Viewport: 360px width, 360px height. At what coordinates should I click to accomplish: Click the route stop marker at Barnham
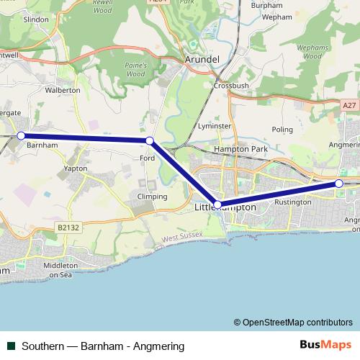pos(21,135)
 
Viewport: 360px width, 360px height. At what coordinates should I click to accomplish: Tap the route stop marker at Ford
pos(149,140)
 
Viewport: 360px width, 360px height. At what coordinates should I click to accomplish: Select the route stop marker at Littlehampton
pos(217,205)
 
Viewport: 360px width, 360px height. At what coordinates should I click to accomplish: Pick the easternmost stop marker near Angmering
pos(339,183)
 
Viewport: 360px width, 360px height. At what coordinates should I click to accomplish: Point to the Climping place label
pos(152,197)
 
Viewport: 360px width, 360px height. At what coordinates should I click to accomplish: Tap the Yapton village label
pos(75,168)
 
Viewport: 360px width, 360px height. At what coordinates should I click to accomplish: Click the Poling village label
pos(283,130)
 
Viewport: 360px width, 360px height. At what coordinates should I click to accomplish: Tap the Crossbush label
pos(230,85)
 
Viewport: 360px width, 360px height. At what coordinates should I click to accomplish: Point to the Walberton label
pos(63,91)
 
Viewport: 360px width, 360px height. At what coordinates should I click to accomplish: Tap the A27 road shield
pos(349,105)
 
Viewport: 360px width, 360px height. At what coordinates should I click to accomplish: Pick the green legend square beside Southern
pos(12,346)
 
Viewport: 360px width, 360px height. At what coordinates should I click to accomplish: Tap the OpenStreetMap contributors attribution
pos(293,323)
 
